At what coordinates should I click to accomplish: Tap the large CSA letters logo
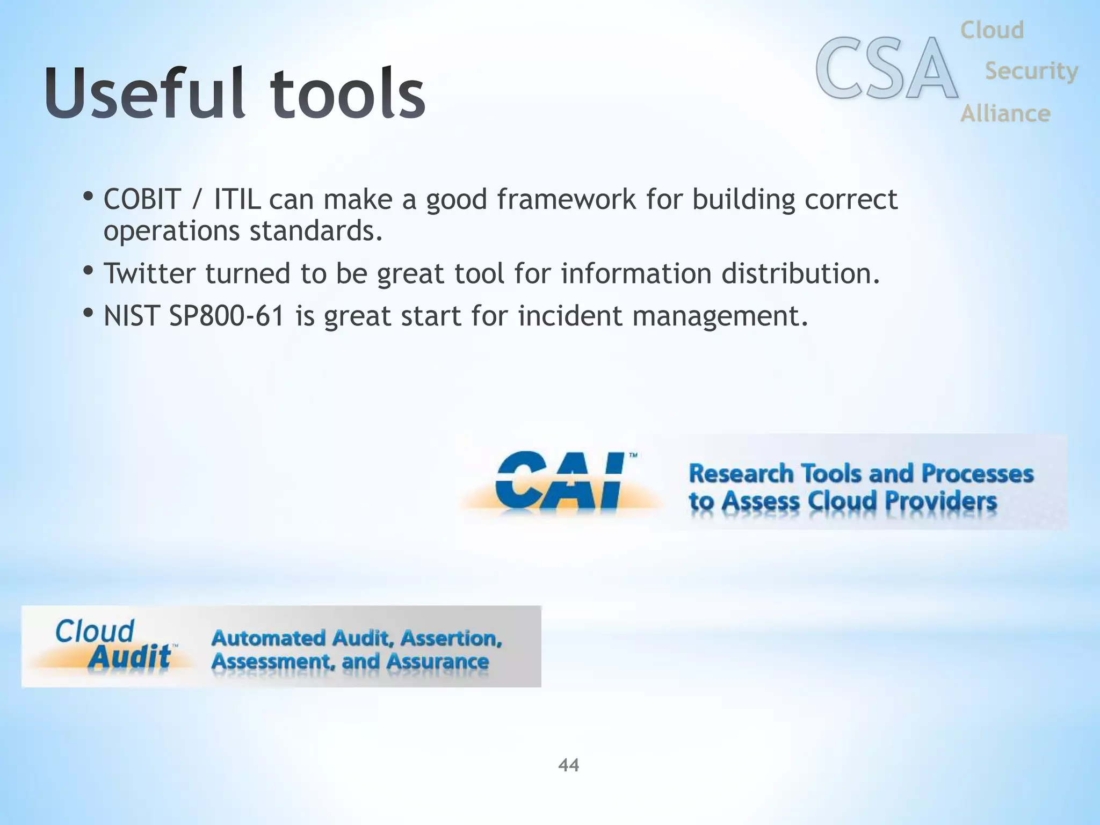886,69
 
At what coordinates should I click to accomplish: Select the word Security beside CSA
1031,71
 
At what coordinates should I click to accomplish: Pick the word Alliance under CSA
1005,113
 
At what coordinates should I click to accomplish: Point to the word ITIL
237,199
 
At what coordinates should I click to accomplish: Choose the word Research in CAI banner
741,474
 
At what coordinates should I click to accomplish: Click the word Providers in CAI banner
940,502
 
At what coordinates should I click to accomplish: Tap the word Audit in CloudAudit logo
129,656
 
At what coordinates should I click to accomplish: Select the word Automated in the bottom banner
269,638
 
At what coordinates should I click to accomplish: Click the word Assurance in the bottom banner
437,662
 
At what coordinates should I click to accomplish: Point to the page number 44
568,765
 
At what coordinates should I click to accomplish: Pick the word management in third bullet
720,316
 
